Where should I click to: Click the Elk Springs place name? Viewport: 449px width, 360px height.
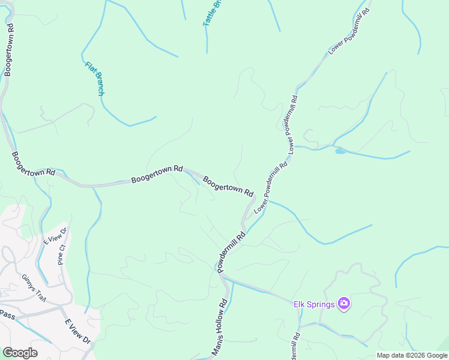313,304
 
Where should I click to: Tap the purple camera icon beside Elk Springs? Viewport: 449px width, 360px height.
344,304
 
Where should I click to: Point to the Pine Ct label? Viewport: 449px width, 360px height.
62,254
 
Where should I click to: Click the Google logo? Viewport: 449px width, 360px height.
20,352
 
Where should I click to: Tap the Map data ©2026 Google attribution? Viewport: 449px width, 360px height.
412,355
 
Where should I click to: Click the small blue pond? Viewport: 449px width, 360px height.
340,151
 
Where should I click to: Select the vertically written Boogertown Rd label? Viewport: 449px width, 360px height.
8,52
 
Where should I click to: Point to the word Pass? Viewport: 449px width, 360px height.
7,314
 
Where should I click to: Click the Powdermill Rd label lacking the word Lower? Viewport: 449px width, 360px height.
232,253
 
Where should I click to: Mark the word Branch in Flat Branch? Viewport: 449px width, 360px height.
98,85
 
